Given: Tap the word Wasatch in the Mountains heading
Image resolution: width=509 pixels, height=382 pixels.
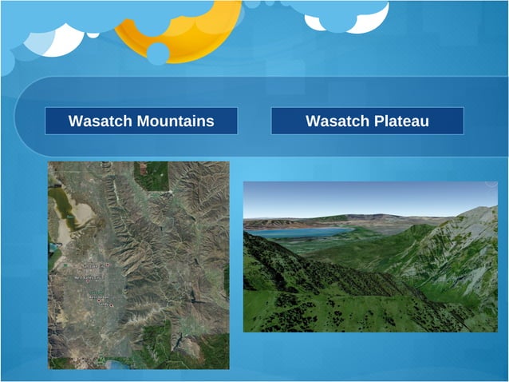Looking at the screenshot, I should [101, 121].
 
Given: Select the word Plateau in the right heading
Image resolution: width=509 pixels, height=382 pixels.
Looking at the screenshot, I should [402, 121].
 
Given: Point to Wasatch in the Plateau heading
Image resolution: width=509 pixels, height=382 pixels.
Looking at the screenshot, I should [337, 121].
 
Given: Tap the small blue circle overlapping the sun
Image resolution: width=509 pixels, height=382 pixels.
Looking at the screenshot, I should [158, 54].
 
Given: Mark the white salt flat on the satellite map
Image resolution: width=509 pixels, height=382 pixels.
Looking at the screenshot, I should [57, 232].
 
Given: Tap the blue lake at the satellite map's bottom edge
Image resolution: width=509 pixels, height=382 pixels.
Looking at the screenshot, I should [120, 365].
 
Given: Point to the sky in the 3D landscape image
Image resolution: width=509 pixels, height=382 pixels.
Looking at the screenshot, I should [359, 196].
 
